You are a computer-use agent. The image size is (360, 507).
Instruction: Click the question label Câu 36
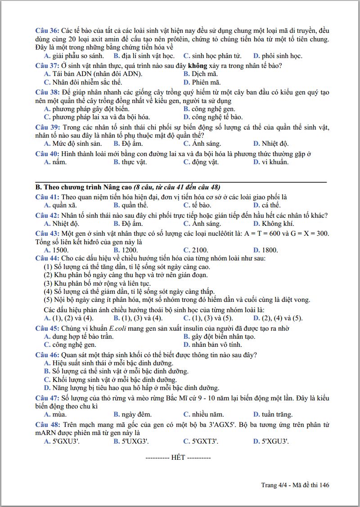point(47,31)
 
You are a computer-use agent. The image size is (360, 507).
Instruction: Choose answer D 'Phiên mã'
point(202,82)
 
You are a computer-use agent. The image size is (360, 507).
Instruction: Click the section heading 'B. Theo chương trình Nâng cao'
point(84,187)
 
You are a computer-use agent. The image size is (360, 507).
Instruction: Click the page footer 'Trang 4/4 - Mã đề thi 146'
point(295,485)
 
